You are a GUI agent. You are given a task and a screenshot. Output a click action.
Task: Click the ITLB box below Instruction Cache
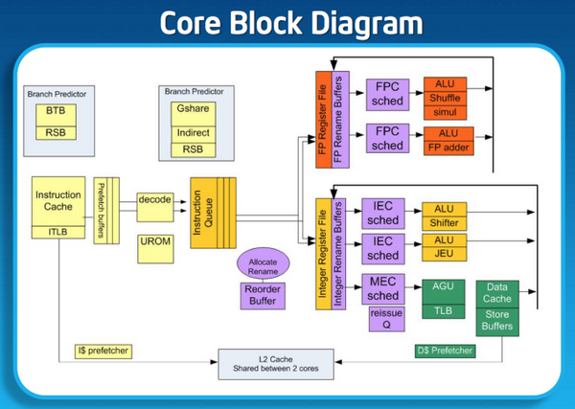pos(58,230)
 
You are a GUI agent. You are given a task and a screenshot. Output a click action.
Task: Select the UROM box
pos(154,241)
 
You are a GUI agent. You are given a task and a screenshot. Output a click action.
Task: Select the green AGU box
pos(444,286)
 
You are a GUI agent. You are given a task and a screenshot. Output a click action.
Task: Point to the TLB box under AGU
pos(444,309)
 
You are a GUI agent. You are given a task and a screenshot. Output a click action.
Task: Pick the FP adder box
pos(449,148)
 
